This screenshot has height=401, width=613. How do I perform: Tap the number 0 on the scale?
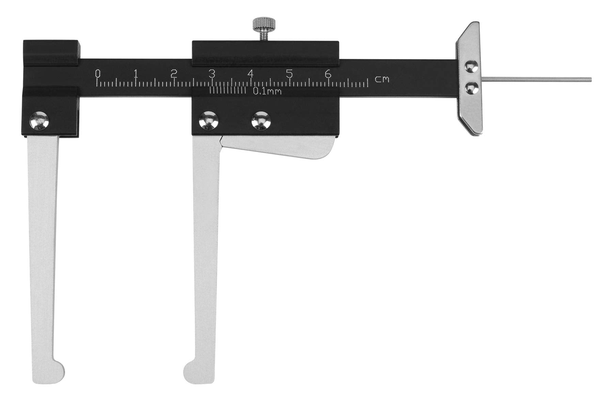[98, 73]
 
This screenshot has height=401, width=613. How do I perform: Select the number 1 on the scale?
[136, 74]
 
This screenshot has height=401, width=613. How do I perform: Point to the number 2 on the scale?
[174, 74]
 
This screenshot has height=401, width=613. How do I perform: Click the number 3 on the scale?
[212, 74]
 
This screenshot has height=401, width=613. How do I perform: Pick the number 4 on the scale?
[251, 74]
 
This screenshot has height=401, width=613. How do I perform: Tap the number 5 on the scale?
[289, 74]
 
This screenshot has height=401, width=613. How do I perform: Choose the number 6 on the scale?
[328, 74]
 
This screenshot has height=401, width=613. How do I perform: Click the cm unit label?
[382, 80]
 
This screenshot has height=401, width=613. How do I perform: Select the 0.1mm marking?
[267, 91]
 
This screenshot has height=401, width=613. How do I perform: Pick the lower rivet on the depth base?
[471, 88]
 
